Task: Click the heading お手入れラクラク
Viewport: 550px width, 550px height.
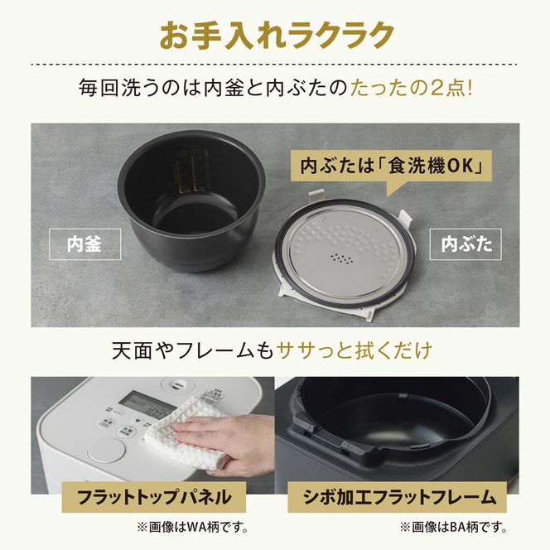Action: click(275, 35)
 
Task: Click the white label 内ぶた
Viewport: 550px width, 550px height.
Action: click(466, 244)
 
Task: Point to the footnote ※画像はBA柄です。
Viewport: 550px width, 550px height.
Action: click(455, 527)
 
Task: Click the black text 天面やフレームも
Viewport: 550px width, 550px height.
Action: click(193, 350)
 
